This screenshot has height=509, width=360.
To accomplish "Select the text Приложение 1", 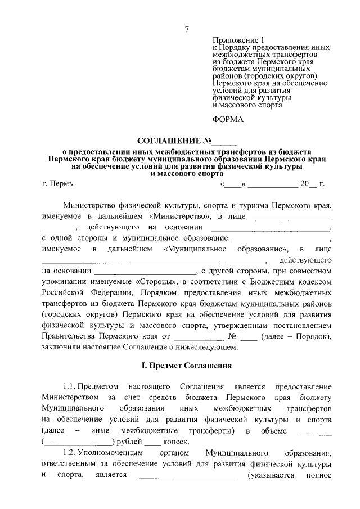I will [x=238, y=40].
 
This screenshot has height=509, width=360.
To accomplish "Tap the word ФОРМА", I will [x=228, y=120].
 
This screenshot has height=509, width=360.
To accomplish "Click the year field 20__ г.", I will [x=312, y=183].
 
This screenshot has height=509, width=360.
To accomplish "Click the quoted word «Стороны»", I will [x=155, y=281].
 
